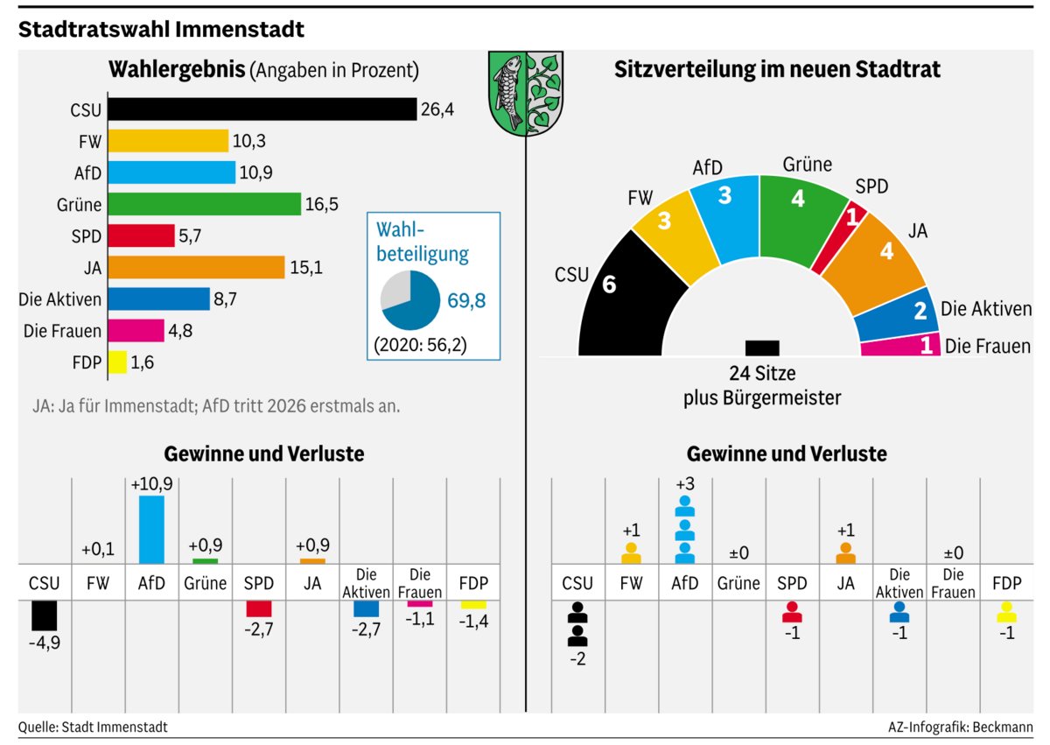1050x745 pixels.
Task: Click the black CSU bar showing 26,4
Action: tap(261, 109)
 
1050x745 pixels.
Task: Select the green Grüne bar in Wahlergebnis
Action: tap(203, 205)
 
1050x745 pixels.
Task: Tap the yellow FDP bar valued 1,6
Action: tap(117, 362)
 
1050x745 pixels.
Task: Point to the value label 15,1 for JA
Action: tap(307, 268)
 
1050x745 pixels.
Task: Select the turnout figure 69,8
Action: tap(466, 301)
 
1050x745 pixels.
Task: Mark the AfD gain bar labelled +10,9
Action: tap(151, 530)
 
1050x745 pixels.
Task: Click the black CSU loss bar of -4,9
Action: tap(44, 615)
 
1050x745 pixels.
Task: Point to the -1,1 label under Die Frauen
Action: tap(420, 618)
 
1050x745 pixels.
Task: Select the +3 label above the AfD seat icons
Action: tap(685, 484)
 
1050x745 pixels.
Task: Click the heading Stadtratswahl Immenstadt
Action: tap(162, 29)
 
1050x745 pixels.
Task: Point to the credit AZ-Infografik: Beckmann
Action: tap(960, 727)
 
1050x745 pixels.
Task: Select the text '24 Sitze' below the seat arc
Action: tap(762, 375)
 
